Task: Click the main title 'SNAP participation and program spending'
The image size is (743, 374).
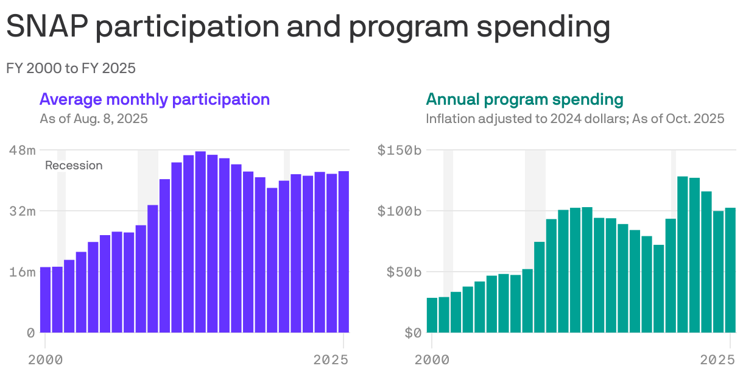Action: coord(308,28)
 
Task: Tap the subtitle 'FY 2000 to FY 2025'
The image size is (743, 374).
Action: coord(71,68)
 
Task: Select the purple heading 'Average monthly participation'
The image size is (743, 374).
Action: coord(155,99)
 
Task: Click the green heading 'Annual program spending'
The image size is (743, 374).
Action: coord(524,99)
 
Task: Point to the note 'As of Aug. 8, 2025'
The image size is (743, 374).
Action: coord(94,118)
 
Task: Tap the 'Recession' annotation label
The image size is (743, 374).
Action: coord(74,166)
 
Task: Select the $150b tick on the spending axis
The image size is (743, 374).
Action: coord(399,150)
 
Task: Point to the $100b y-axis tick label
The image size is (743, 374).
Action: coord(399,211)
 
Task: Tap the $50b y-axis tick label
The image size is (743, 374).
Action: coord(403,272)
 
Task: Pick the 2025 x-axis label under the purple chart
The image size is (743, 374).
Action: coord(331,360)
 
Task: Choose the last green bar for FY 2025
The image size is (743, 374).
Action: coord(730,270)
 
